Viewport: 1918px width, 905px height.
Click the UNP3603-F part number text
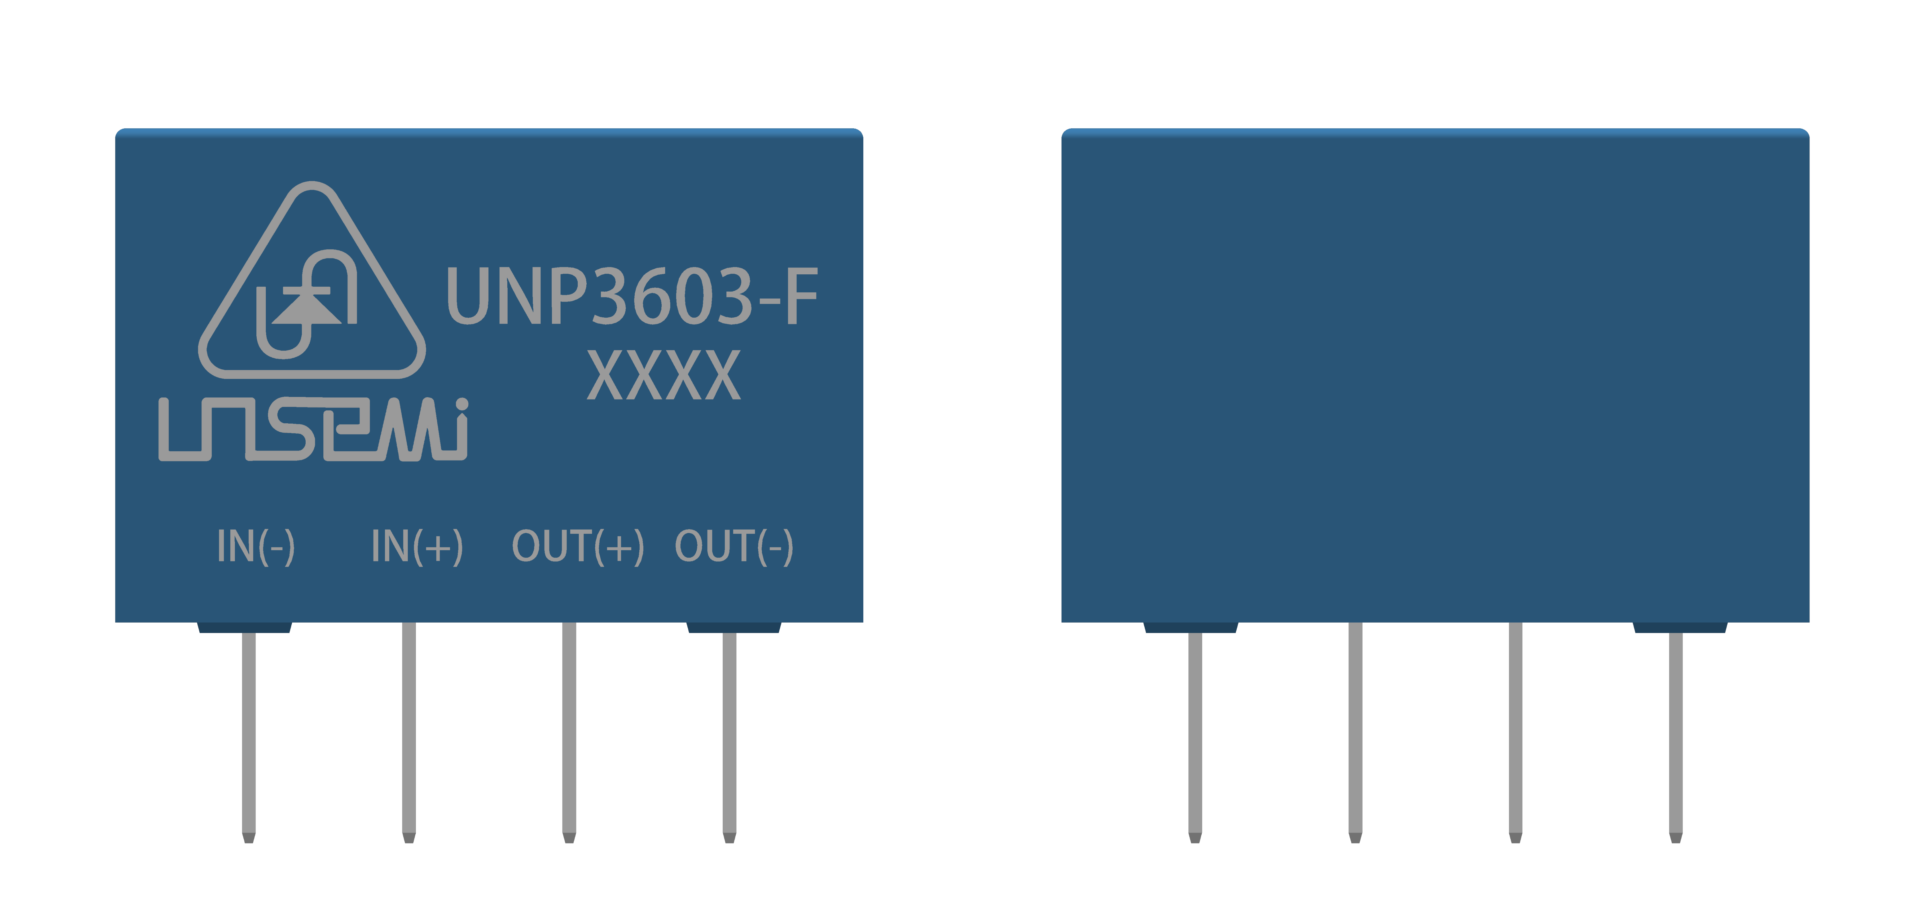[x=631, y=296]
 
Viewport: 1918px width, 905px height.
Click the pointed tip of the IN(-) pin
[x=249, y=838]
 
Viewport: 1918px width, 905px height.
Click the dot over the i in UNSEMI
[x=462, y=404]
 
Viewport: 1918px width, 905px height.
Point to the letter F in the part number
[x=800, y=296]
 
